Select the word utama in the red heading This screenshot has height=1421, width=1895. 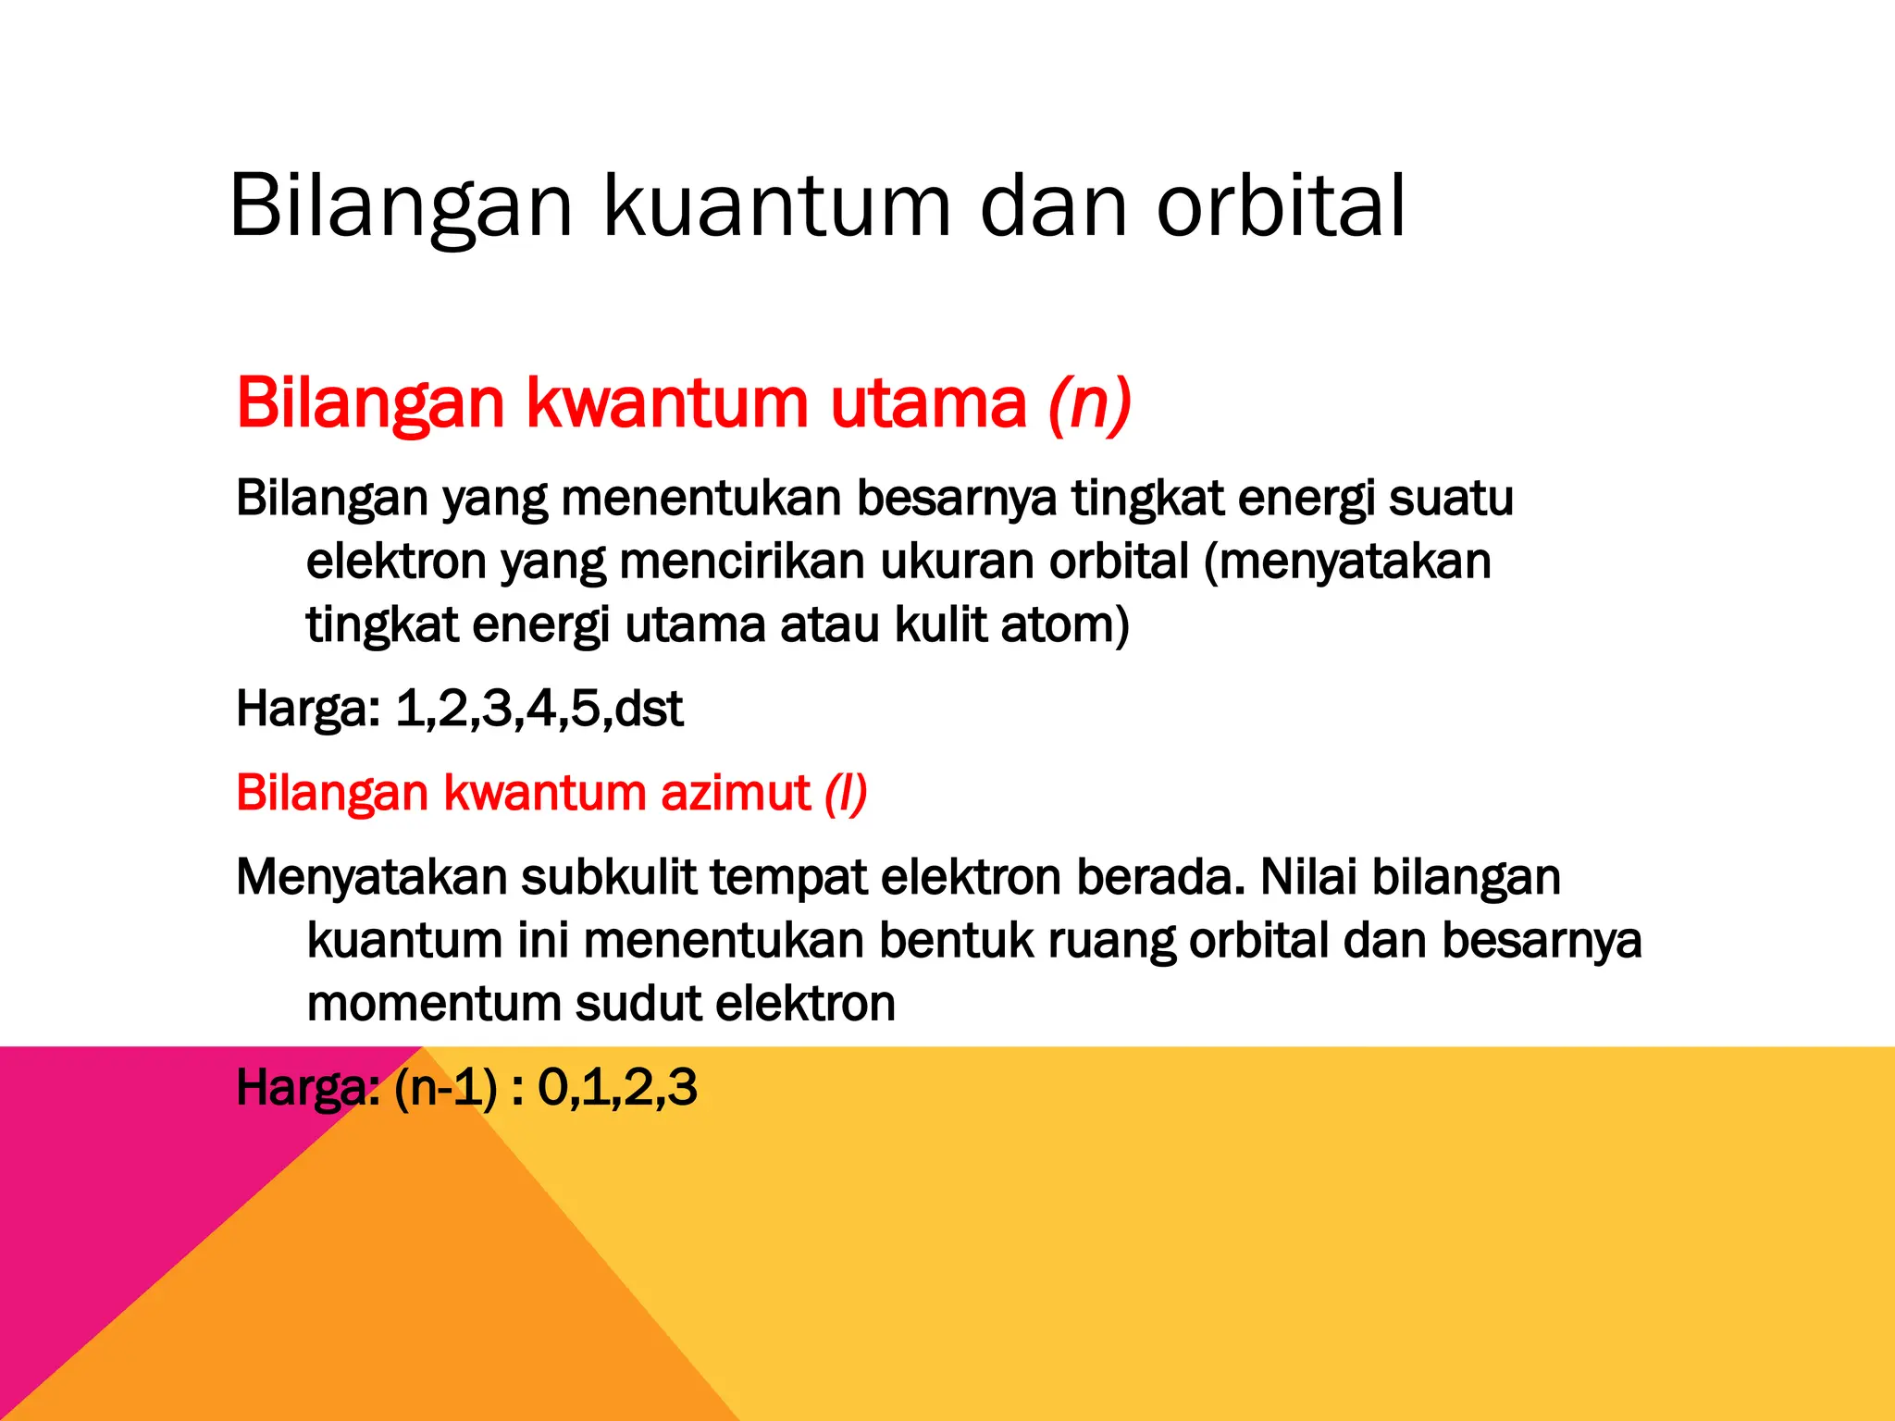[x=928, y=403]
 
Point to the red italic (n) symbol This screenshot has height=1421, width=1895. [x=1090, y=403]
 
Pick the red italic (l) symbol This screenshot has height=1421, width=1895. [x=846, y=793]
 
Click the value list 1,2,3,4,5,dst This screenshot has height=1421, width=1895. [x=539, y=709]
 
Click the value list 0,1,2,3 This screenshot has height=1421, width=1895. [x=617, y=1087]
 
